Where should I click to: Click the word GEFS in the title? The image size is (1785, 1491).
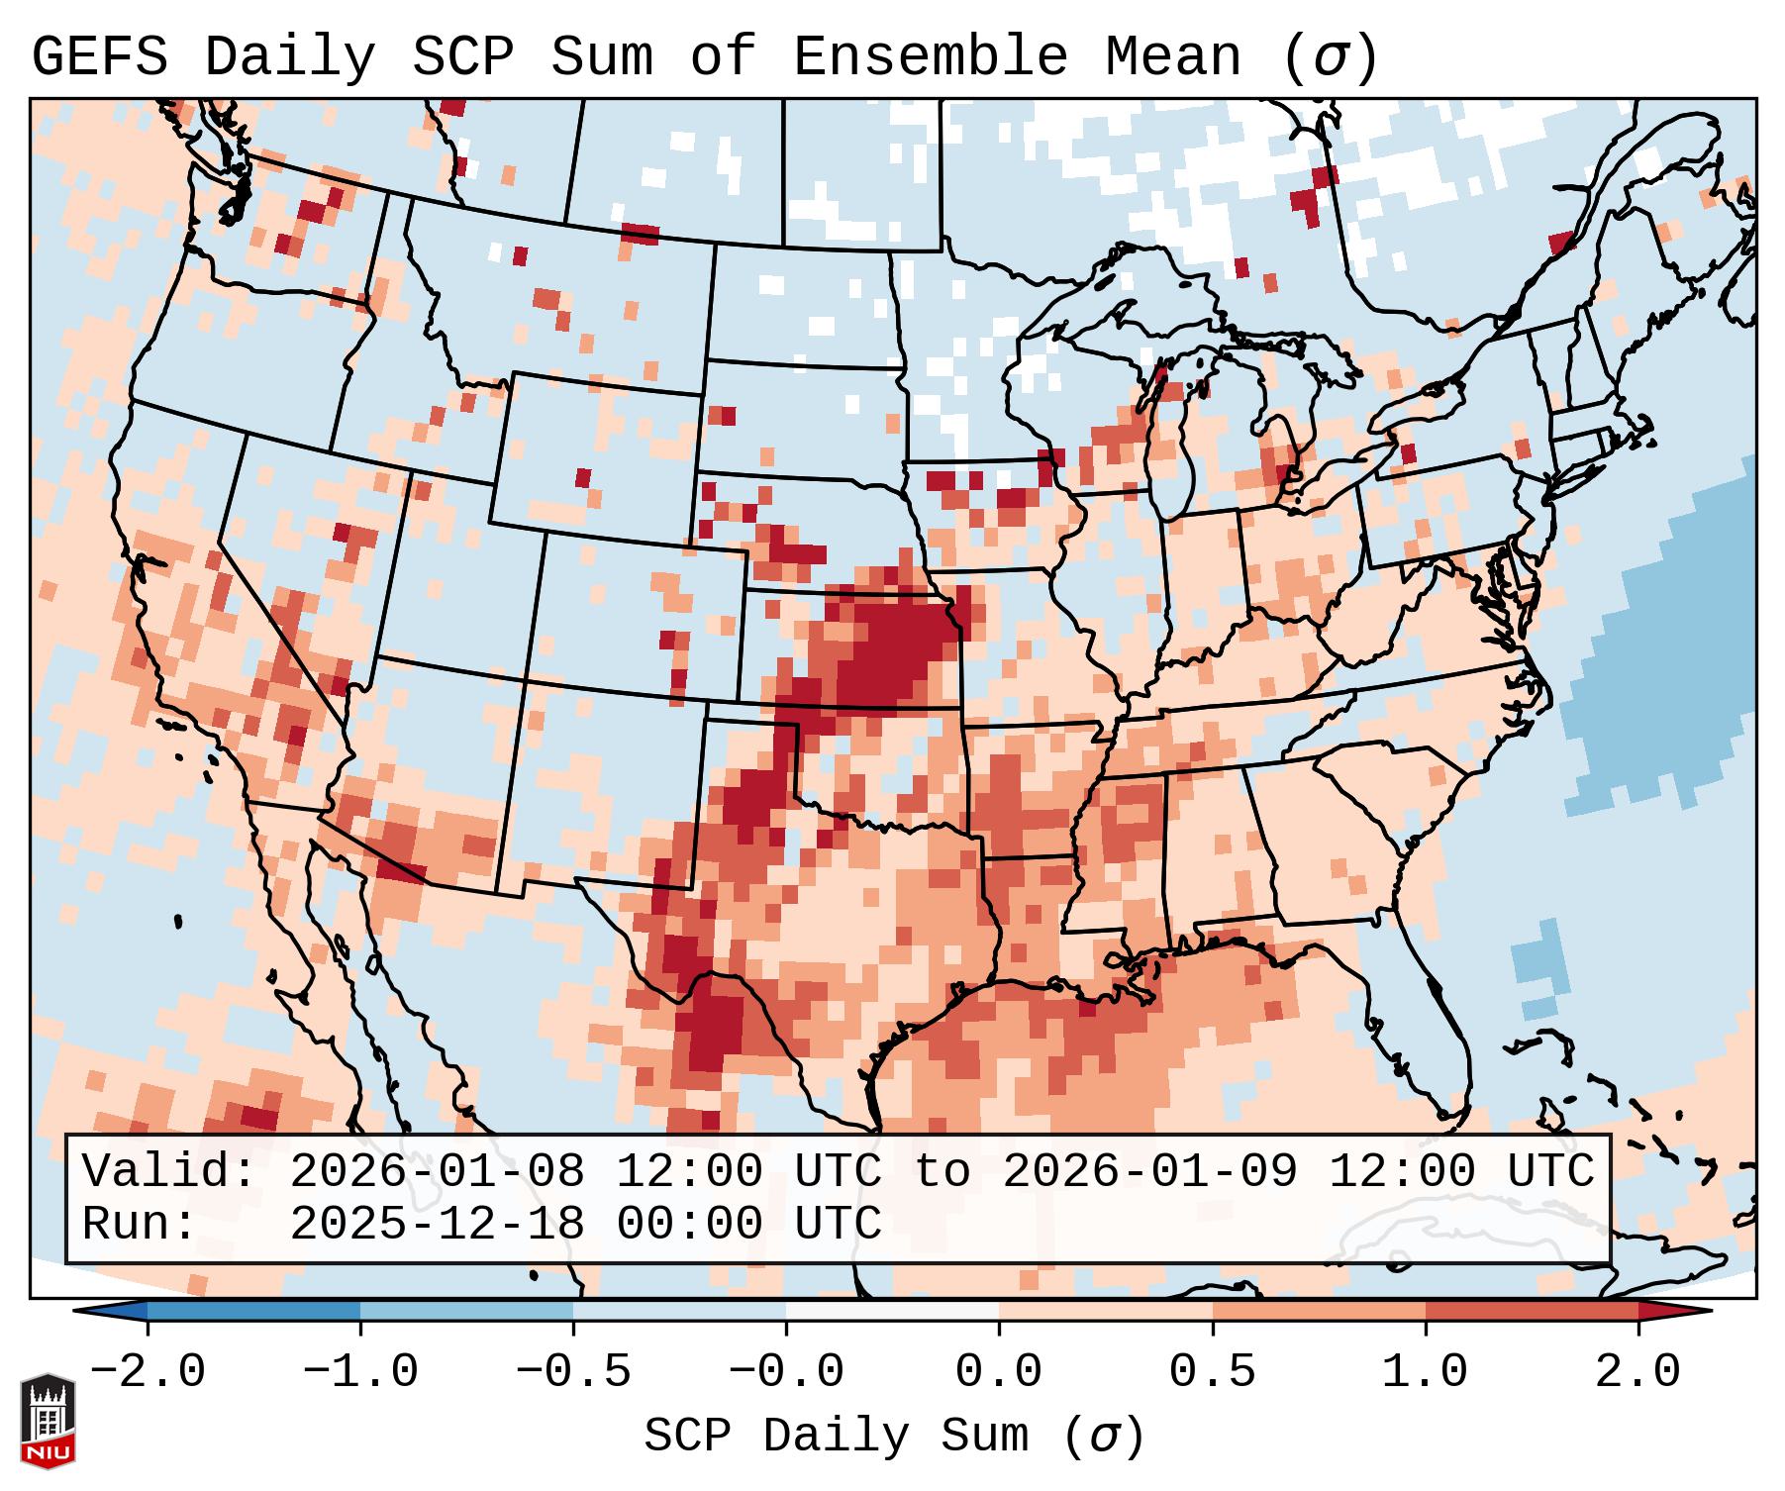[x=99, y=57]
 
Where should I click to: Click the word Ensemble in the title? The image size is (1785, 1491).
[x=930, y=57]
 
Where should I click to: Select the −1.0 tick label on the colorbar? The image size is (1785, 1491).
[x=359, y=1372]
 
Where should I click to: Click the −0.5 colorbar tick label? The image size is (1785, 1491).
[x=573, y=1372]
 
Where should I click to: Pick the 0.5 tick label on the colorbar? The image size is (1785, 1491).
[x=1212, y=1372]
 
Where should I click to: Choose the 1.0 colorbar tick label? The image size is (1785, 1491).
[x=1425, y=1372]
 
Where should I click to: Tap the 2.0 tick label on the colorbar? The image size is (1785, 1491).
[x=1637, y=1372]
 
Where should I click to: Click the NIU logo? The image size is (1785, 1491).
[x=48, y=1421]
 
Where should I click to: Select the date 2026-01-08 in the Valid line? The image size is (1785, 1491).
[x=437, y=1172]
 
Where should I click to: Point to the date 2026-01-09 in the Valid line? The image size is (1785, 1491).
[x=1149, y=1172]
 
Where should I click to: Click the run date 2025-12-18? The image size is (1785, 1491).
[x=437, y=1225]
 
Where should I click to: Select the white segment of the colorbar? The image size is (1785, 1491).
[x=892, y=1312]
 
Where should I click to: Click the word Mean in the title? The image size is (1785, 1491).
[x=1172, y=57]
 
